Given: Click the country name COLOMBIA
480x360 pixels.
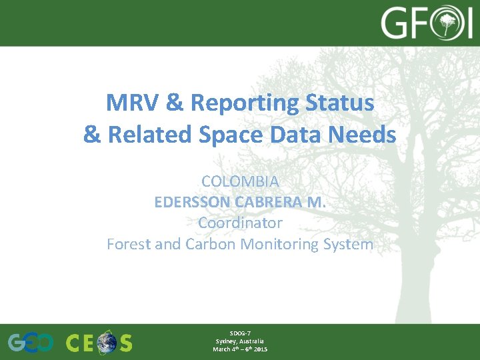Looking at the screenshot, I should coord(240,181).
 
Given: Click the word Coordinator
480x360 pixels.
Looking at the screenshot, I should coord(240,223).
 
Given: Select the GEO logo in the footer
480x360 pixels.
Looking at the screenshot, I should coord(31,343).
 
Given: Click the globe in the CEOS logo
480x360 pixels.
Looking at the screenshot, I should coord(106,343).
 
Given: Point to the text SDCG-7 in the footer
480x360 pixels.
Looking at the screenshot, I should coord(240,333).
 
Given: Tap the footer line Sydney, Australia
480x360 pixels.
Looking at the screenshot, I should coord(240,341).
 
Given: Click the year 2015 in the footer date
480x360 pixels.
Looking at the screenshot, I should coord(261,349).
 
